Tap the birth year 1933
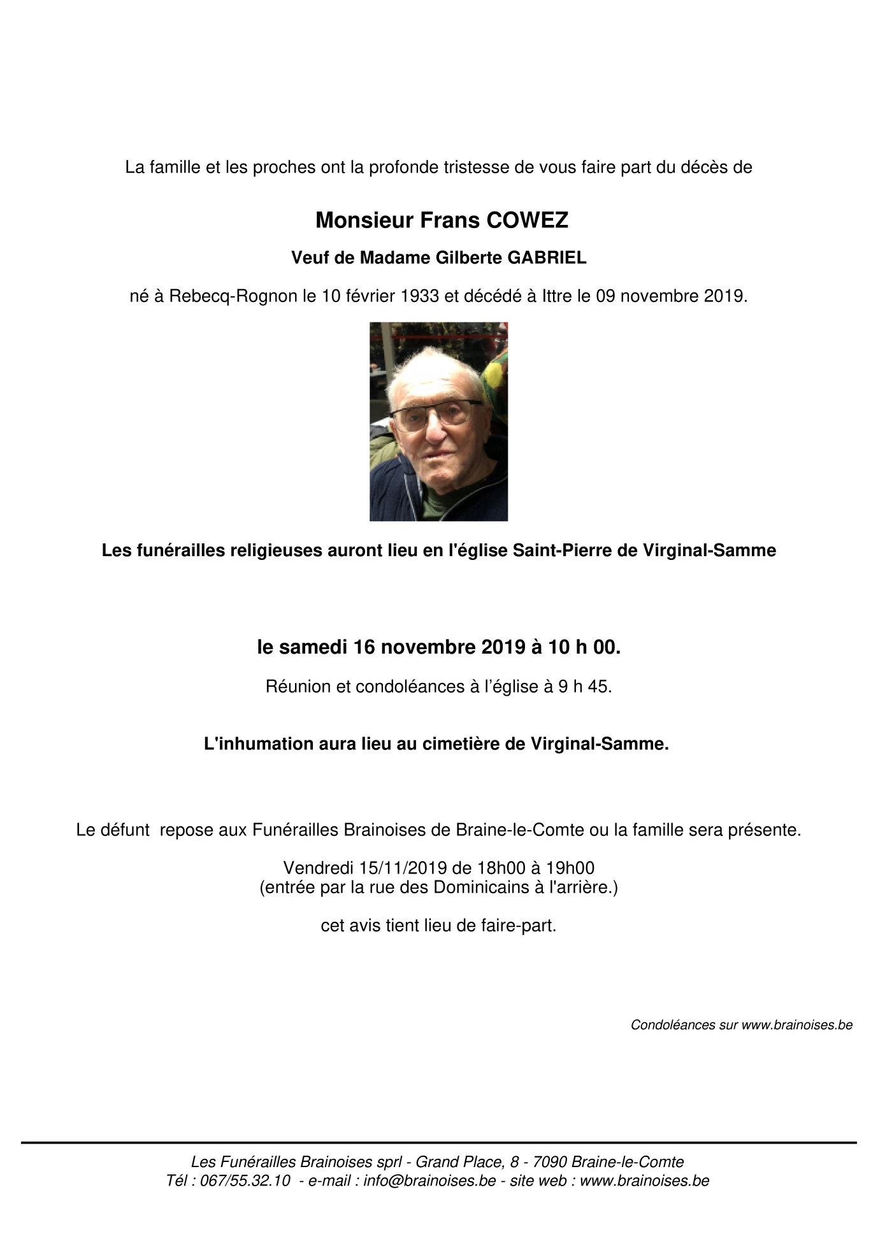pyautogui.click(x=420, y=296)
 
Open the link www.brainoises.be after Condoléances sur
pyautogui.click(x=796, y=1025)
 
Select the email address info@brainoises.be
pyautogui.click(x=429, y=1180)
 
